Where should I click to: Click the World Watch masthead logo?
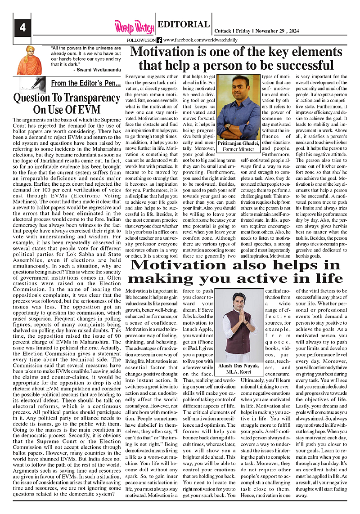(134, 27)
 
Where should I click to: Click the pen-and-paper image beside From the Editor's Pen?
(33, 85)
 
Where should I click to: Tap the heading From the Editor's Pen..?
(85, 83)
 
